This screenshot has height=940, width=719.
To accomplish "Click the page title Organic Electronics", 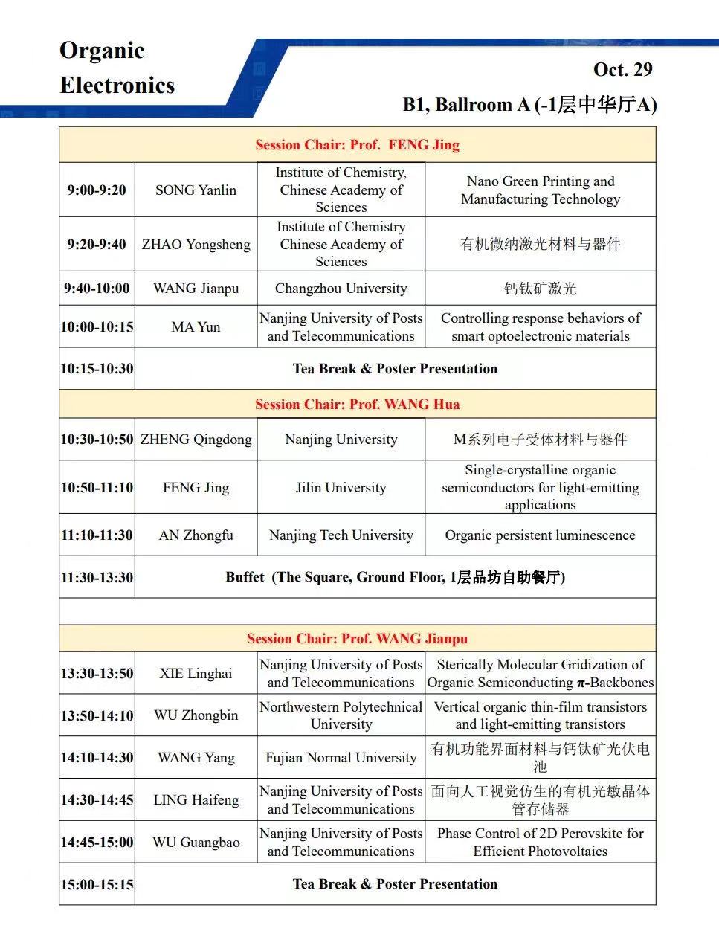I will (x=117, y=68).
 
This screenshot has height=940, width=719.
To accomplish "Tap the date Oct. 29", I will (x=622, y=70).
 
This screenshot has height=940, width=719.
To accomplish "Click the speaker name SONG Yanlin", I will (x=196, y=190).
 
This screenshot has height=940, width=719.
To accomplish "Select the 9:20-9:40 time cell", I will (x=97, y=245).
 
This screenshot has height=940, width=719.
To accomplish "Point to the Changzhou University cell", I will (x=341, y=289).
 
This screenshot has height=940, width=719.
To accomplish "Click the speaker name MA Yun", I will (x=196, y=327).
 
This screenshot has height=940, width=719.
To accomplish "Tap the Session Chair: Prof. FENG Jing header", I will (x=357, y=145).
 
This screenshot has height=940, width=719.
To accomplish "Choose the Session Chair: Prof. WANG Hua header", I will (x=357, y=405).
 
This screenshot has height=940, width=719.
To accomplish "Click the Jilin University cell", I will (x=341, y=488).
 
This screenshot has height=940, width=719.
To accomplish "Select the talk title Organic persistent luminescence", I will (x=540, y=535).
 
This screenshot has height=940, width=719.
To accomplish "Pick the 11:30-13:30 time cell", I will (x=97, y=578).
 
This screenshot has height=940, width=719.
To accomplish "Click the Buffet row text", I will (x=395, y=578).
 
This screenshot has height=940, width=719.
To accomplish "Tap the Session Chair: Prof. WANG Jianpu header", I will (x=357, y=639).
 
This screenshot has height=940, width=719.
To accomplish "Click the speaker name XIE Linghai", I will (x=196, y=674).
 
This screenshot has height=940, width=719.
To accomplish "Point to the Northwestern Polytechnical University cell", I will (x=341, y=715).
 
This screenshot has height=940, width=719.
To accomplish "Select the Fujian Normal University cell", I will (x=341, y=758).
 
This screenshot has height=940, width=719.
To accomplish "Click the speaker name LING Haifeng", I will (x=196, y=800).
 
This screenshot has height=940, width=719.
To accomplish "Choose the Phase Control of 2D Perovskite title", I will (x=540, y=843).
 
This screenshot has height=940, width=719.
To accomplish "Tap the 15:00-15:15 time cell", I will (x=97, y=885).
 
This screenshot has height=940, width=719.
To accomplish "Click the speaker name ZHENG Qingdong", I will (x=196, y=440).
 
